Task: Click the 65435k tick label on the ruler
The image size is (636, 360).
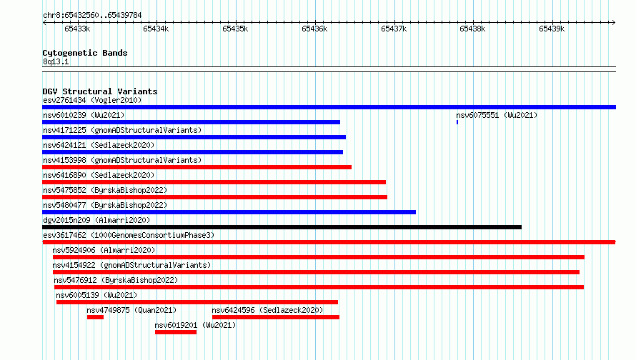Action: [x=235, y=29]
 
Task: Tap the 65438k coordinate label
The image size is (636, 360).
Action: [x=472, y=29]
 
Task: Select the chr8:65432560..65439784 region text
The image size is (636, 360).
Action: [x=92, y=16]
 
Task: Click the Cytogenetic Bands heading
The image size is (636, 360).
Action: [x=85, y=53]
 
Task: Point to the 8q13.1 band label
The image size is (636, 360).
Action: [x=56, y=61]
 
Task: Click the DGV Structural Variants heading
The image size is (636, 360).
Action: [x=100, y=91]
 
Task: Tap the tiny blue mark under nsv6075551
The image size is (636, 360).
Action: [x=457, y=122]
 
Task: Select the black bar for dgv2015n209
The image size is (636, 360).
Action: [x=282, y=227]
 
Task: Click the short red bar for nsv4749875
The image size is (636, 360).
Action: [x=95, y=317]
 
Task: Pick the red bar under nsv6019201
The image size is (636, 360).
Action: [x=176, y=332]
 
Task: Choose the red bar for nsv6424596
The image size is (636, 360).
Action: [x=276, y=317]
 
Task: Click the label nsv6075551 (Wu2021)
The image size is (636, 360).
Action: [x=497, y=115]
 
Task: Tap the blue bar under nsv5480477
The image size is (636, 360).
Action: [x=229, y=212]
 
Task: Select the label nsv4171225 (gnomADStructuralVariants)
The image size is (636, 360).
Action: [x=122, y=130]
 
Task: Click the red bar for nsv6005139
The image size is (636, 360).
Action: [x=197, y=302]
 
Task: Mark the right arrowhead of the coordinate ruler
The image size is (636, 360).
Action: [x=614, y=23]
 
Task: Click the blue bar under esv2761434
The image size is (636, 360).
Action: [x=329, y=107]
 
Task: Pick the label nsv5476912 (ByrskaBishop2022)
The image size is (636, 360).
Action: [x=116, y=280]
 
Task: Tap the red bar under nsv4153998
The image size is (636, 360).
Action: [x=197, y=167]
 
